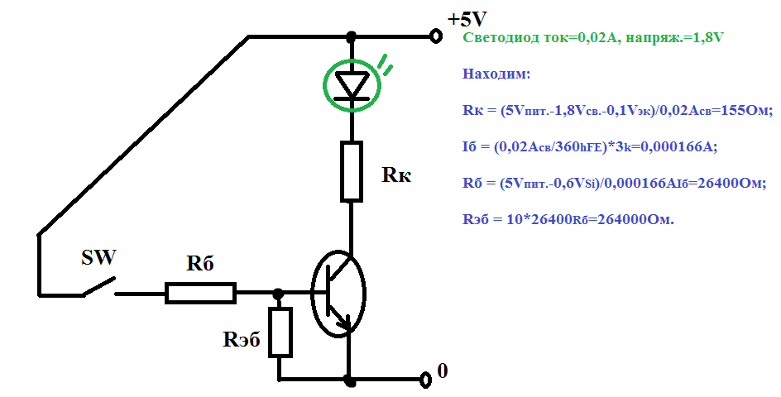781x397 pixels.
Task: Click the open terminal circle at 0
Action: [426, 380]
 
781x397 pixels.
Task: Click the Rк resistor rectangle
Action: [352, 171]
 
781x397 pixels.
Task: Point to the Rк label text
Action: [395, 175]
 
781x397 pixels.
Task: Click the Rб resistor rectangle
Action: [200, 293]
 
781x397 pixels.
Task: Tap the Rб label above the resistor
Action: [200, 264]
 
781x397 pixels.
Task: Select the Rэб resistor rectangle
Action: [281, 332]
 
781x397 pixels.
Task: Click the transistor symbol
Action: [338, 294]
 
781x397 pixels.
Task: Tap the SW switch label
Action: [98, 258]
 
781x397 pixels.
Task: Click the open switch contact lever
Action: [98, 285]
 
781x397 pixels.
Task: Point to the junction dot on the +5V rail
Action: [352, 37]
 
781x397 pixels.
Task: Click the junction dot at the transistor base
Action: [279, 293]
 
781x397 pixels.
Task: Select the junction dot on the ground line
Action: [350, 380]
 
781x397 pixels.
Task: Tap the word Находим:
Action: [496, 74]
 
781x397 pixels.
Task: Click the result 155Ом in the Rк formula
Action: [742, 110]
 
